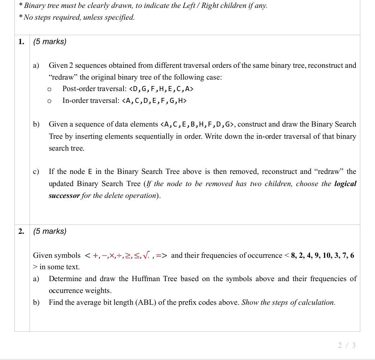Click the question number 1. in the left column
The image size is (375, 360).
point(22,42)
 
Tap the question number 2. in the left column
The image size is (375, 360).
point(22,231)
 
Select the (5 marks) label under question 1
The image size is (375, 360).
point(50,42)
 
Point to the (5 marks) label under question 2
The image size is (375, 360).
point(50,231)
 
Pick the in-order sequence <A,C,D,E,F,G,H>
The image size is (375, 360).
point(154,101)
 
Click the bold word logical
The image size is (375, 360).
point(345,184)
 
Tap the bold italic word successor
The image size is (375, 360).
point(64,196)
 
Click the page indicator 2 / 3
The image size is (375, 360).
point(347,345)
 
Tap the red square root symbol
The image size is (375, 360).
point(146,255)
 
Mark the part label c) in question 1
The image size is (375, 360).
point(36,172)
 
